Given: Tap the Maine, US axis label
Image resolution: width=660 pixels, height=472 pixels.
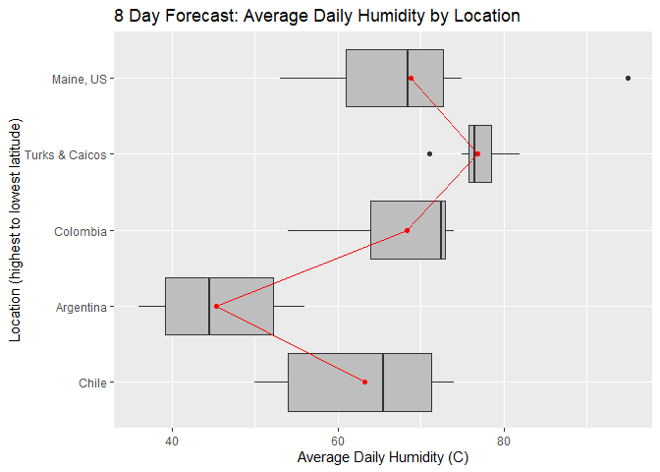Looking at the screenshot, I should pos(79,79).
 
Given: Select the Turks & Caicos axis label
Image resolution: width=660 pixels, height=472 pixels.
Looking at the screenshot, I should pos(66,154).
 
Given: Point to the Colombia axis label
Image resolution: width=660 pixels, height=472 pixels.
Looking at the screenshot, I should pos(81,231).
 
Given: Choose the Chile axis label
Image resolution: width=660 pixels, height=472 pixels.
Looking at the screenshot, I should pos(92,383).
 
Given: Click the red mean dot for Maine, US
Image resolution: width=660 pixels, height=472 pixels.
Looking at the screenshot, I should pos(411,79).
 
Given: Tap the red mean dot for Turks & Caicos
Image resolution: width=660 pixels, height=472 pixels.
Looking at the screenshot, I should pos(477,154).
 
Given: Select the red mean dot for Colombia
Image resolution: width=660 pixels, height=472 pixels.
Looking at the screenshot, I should pos(407,230).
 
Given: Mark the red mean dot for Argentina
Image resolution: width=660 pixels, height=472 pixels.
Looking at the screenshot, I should pos(217,306).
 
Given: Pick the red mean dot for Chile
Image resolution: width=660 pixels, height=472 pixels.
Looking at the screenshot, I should pos(364,382).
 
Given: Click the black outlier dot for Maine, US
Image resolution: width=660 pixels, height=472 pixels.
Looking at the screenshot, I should pos(628,78).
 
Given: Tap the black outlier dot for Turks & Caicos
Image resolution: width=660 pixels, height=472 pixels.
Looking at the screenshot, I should pos(429,154).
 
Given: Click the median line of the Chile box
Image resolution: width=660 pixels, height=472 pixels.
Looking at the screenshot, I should pos(383,383).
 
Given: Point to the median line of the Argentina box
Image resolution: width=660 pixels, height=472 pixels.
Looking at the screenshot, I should pos(209,307).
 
